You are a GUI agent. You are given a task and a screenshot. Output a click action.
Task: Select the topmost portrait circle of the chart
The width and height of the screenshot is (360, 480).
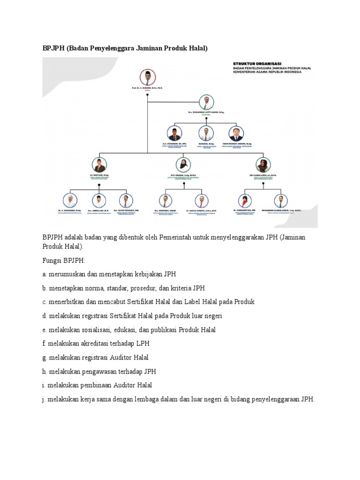tap(147, 77)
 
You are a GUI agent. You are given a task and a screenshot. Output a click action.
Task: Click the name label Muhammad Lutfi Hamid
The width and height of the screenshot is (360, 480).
tap(206, 113)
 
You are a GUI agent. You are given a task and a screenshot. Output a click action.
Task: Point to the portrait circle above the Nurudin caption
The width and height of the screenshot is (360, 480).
tap(206, 134)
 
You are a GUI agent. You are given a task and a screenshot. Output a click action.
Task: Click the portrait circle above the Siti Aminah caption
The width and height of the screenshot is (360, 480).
tap(183, 164)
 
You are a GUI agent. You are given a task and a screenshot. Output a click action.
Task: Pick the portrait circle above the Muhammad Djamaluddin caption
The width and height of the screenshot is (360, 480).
tap(280, 201)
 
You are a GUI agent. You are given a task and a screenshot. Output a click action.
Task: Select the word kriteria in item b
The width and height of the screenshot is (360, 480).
tap(180, 288)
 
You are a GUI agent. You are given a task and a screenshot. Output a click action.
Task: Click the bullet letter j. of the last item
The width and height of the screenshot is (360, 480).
tap(45, 399)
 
